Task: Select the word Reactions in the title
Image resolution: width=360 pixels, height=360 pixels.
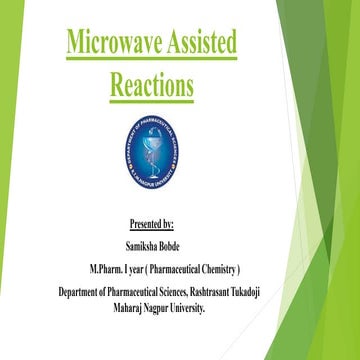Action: click(x=151, y=84)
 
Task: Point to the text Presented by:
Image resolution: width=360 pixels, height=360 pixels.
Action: click(x=152, y=222)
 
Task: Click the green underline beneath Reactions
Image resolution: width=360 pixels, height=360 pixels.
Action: click(x=151, y=100)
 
